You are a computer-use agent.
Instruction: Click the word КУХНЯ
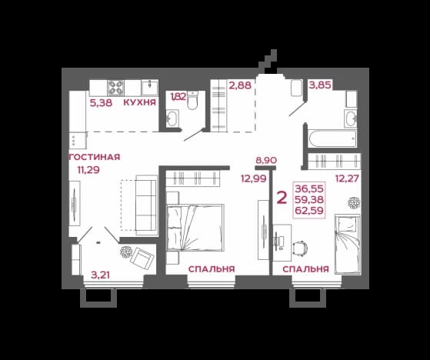[139, 102]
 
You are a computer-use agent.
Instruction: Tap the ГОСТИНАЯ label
[95, 157]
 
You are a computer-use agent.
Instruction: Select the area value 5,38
[102, 103]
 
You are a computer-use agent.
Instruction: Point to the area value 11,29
[88, 170]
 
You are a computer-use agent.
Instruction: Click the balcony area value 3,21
[100, 275]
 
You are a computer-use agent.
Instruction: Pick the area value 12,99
[254, 178]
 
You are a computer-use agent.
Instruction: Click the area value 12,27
[347, 178]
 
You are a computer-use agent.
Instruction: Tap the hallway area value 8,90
[266, 160]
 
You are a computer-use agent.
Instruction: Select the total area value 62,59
[309, 211]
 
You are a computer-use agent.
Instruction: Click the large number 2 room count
[282, 198]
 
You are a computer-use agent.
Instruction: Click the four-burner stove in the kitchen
[115, 88]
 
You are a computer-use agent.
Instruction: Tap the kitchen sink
[150, 88]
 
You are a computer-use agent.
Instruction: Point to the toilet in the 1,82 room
[192, 100]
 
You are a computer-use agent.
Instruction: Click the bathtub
[332, 138]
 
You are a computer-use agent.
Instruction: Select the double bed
[195, 227]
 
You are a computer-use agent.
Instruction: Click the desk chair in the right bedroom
[300, 248]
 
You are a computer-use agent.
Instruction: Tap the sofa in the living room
[146, 205]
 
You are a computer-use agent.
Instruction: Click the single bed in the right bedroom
[348, 244]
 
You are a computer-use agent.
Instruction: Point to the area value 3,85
[320, 85]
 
